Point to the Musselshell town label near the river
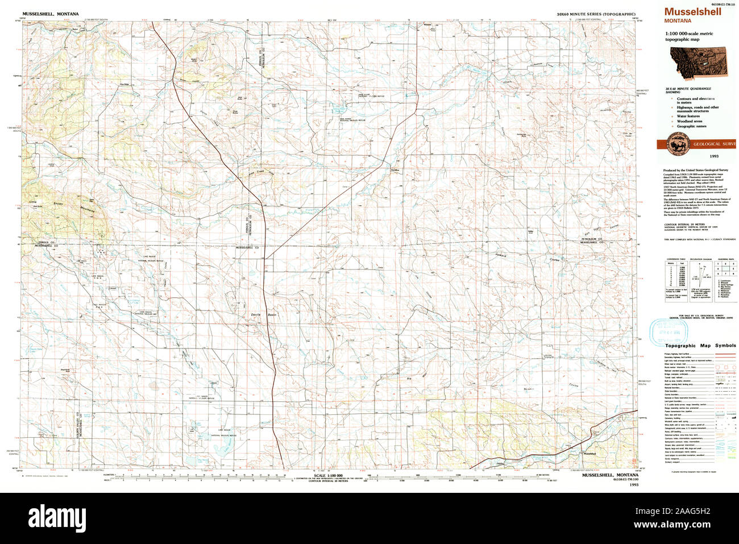(x=588, y=453)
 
